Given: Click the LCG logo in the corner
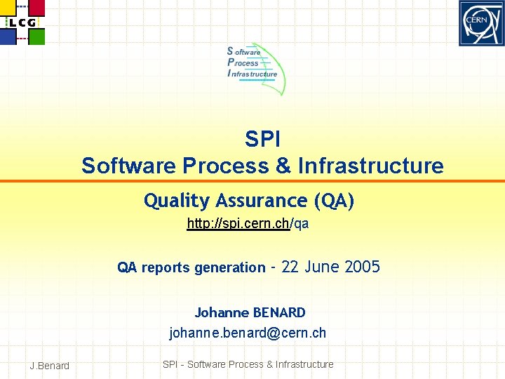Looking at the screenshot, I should point(22,22).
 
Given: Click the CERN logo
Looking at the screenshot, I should point(481,23).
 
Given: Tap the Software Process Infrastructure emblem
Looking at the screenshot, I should point(255,68).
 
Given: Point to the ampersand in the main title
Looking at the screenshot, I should point(283,166).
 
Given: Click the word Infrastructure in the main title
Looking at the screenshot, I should point(370,166).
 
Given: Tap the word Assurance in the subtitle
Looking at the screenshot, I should point(262,201).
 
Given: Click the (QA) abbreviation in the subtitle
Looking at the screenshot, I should point(335,201).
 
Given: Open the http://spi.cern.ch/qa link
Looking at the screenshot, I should point(248,224).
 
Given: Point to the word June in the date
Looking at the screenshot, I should point(323,267).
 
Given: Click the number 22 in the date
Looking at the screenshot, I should point(290,267).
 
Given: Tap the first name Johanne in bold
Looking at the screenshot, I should point(221,312).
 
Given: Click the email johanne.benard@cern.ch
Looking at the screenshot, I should point(248,333).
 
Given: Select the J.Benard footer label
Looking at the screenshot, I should point(50,365).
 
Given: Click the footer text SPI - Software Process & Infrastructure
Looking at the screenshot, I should point(248,364).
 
